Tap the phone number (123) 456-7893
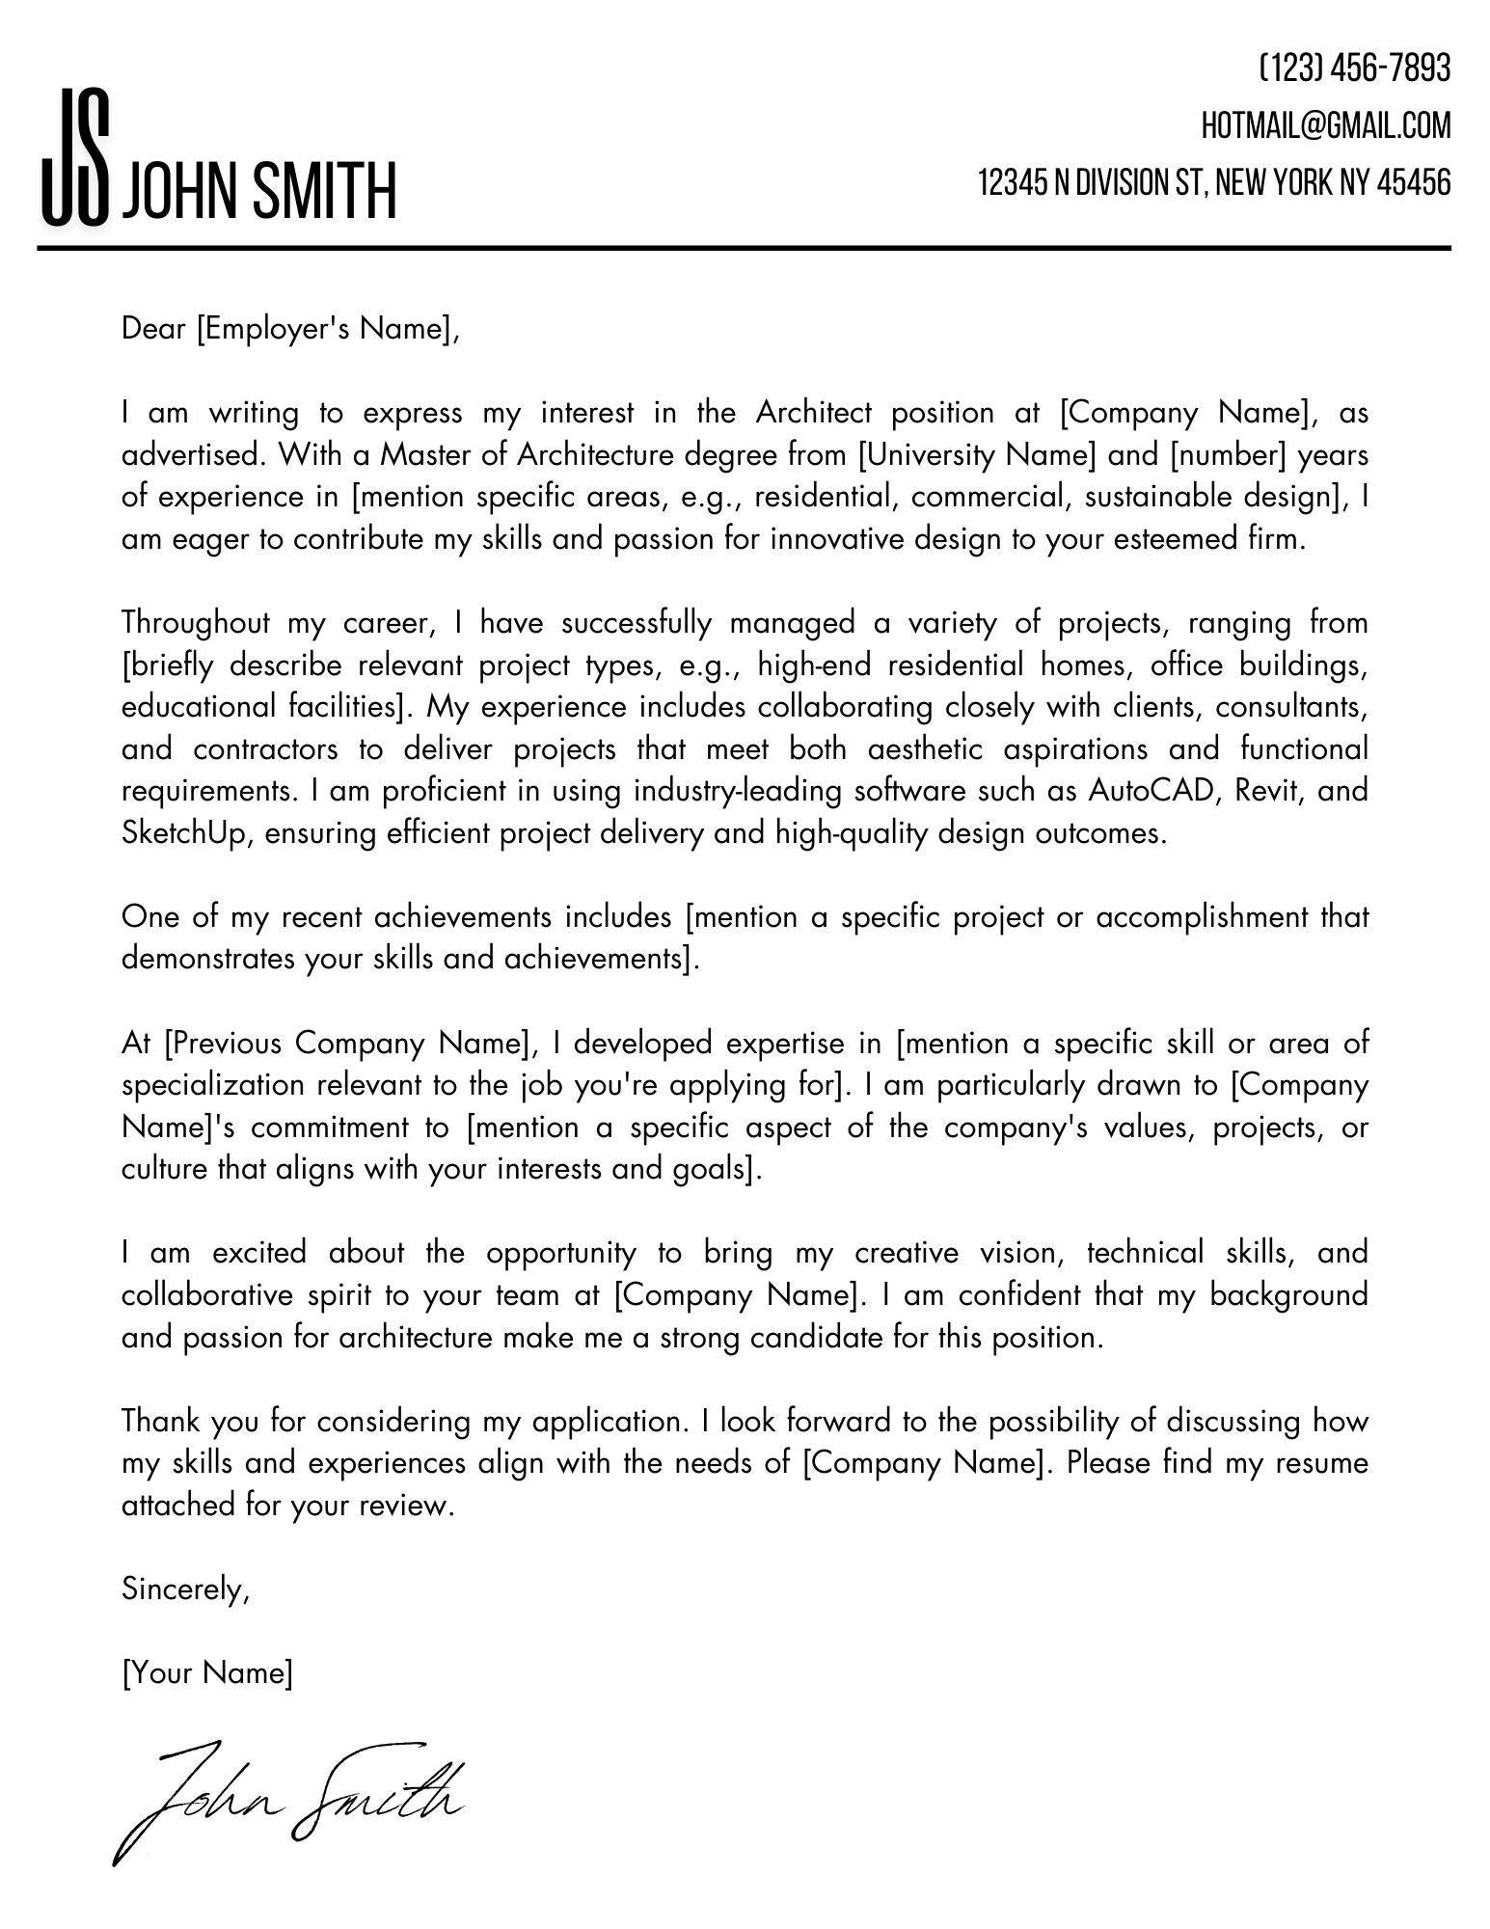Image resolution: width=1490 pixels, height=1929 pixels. pos(1354,68)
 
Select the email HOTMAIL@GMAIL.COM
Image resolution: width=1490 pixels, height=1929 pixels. pos(1325,125)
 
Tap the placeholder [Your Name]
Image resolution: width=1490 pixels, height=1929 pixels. pos(207,1672)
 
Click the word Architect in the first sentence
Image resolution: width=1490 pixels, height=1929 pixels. pos(813,413)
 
